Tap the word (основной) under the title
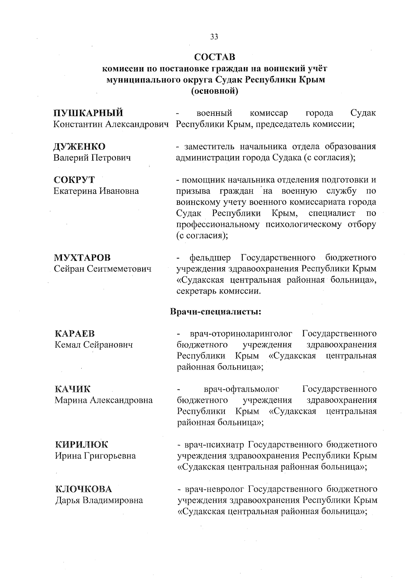pyautogui.click(x=215, y=91)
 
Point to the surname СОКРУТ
pyautogui.click(x=74, y=180)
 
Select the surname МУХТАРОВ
pyautogui.click(x=83, y=257)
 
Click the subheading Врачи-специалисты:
pyautogui.click(x=215, y=312)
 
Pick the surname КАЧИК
pyautogui.click(x=73, y=389)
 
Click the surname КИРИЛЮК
pyautogui.click(x=82, y=444)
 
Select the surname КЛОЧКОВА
pyautogui.click(x=84, y=489)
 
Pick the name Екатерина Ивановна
pyautogui.click(x=96, y=191)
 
